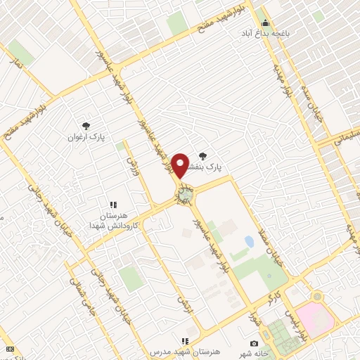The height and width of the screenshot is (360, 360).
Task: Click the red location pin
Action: pos(181,165)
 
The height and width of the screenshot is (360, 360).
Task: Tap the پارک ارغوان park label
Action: pos(86,138)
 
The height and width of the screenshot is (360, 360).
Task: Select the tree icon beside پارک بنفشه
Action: pos(203,156)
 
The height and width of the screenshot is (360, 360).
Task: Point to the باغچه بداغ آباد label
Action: pos(266,32)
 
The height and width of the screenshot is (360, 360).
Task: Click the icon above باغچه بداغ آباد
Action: pos(265,21)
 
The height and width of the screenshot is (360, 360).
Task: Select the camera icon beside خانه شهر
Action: pos(254,343)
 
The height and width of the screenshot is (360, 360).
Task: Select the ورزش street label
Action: pos(131,167)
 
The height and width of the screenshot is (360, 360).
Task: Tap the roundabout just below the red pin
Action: pos(185,194)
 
